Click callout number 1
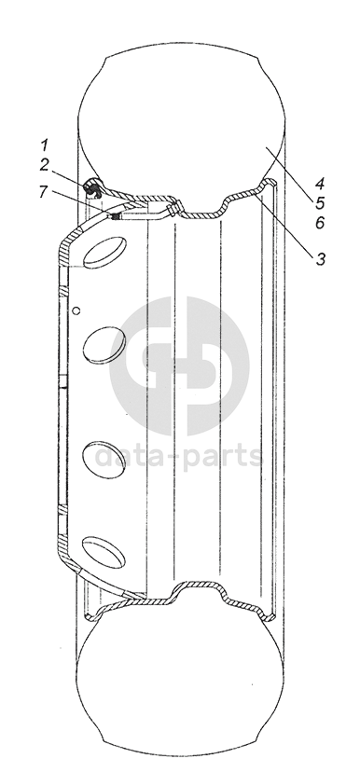tap(45, 145)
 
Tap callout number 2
tap(45, 165)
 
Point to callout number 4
tap(320, 184)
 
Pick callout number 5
tap(320, 203)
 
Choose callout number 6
tap(320, 223)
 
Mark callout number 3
tap(321, 259)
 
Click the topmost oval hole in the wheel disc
tap(104, 253)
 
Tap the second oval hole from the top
tap(104, 345)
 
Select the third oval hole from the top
tap(104, 460)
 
